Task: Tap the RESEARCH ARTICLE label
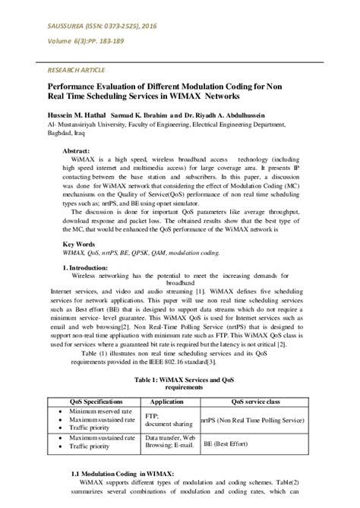57,68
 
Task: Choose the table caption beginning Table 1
179,380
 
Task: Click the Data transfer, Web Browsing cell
170,443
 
